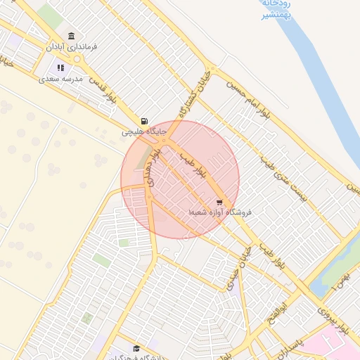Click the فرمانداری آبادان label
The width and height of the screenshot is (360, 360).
72,46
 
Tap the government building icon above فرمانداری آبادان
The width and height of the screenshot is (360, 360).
71,36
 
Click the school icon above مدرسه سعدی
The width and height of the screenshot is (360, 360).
61,68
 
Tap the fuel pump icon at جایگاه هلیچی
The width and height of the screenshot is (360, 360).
144,121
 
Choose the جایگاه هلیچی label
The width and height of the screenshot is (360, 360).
143,131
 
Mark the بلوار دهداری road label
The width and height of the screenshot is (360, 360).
150,169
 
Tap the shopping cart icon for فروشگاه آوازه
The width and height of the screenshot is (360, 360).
219,202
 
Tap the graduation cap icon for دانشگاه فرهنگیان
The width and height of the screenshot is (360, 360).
136,348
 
